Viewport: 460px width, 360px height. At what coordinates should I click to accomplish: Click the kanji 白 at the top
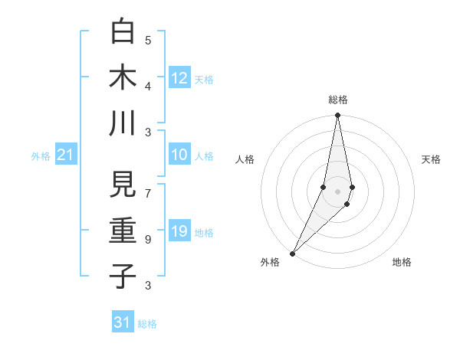[x=123, y=31]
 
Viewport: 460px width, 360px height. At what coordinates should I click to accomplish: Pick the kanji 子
[x=123, y=276]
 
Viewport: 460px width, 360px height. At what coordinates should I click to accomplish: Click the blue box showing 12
[x=179, y=78]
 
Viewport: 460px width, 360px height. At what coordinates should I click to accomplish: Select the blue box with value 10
[x=179, y=155]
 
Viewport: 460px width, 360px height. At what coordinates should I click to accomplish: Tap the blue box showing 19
[x=179, y=232]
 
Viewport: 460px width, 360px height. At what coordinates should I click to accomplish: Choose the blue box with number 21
[x=66, y=155]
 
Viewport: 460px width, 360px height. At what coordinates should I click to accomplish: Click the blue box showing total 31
[x=123, y=322]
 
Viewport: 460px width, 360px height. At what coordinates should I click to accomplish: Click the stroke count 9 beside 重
[x=148, y=240]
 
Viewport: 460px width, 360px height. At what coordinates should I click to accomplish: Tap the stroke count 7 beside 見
[x=148, y=186]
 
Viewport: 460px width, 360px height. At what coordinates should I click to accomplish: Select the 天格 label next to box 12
[x=204, y=79]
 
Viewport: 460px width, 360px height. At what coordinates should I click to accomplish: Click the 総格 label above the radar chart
[x=338, y=100]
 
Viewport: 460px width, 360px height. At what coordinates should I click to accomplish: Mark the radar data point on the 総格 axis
[x=337, y=116]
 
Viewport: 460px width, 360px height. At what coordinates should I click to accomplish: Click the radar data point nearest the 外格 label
[x=292, y=254]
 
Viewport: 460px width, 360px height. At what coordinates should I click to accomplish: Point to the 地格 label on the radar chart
[x=402, y=262]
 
